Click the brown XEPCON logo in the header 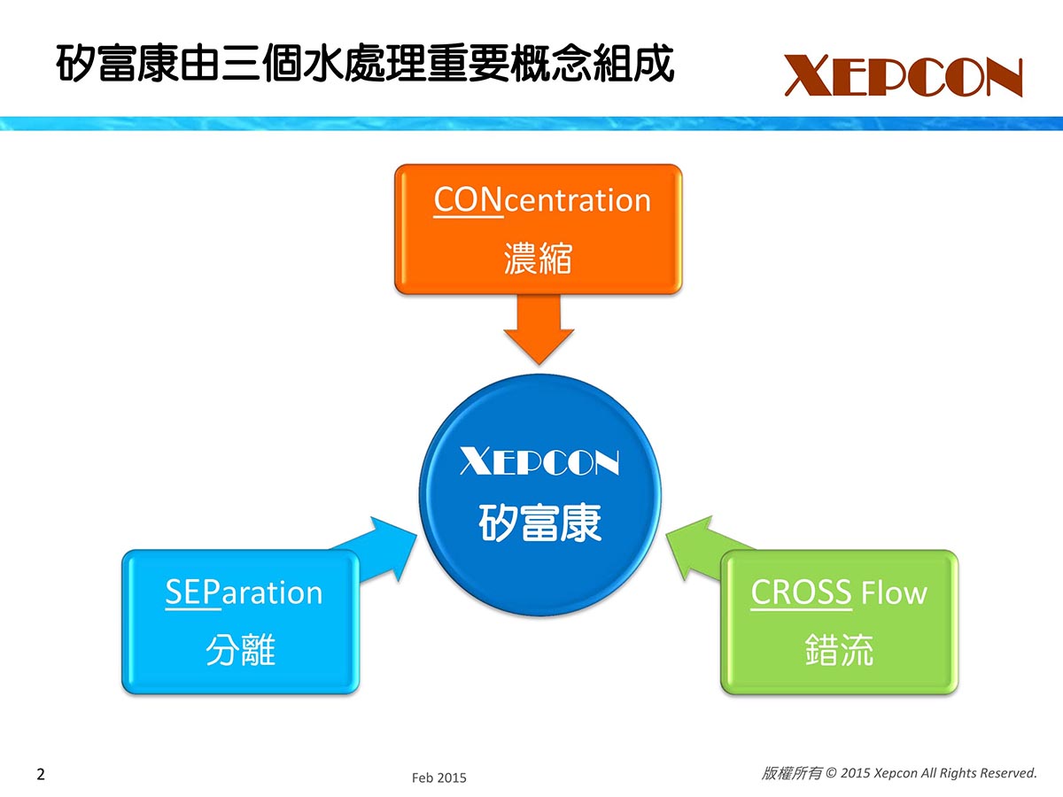pos(904,75)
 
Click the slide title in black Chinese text pos(365,64)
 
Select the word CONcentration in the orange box pos(542,200)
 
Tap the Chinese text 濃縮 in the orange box pos(538,259)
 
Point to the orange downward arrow pos(539,329)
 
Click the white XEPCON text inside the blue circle pos(539,460)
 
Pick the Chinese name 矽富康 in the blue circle pos(539,523)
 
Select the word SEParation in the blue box pos(244,592)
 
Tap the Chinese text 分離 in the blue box pos(241,650)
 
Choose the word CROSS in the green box pos(801,592)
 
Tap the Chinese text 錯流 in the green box pos(839,650)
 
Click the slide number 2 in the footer pos(41,774)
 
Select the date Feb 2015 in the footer pos(438,778)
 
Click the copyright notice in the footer pos(899,773)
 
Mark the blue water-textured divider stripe pos(531,123)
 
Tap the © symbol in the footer pos(831,773)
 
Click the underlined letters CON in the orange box pos(468,200)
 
